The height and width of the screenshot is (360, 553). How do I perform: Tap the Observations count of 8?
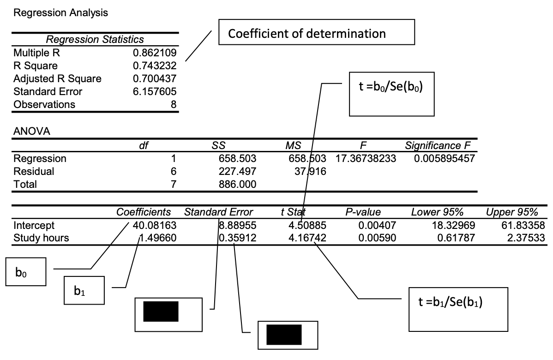[x=174, y=105]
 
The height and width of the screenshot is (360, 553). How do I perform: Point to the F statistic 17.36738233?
[x=362, y=159]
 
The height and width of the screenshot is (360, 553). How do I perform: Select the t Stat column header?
[x=294, y=213]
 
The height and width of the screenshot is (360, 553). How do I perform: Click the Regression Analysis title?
[x=61, y=13]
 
